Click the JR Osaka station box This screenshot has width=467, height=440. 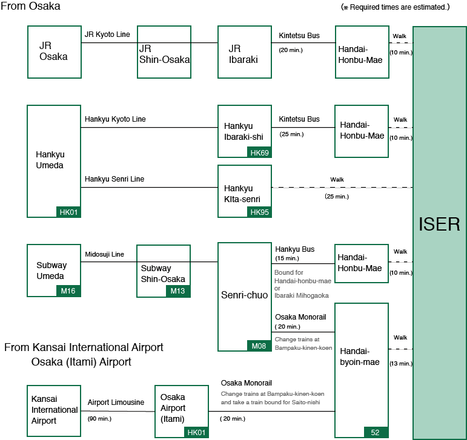(x=54, y=51)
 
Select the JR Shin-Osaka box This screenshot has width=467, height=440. (x=164, y=51)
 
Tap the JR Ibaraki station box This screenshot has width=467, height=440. (x=244, y=51)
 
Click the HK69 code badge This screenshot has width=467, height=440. (x=259, y=153)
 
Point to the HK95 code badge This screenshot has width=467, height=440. (x=259, y=212)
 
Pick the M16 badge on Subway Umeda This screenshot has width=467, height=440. (x=68, y=291)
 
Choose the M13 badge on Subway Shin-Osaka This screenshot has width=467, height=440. (x=177, y=292)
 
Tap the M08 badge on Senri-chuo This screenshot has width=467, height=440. (x=259, y=346)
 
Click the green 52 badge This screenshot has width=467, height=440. (x=376, y=432)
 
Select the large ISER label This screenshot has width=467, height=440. (x=439, y=225)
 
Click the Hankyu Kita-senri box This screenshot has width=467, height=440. (x=244, y=191)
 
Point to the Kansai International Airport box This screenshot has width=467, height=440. (x=54, y=410)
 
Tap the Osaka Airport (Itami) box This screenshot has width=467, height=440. (x=181, y=411)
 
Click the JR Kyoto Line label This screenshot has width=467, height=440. (x=107, y=34)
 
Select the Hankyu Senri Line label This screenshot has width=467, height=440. (x=114, y=179)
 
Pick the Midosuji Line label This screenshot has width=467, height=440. (x=104, y=254)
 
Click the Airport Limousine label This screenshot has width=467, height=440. (x=116, y=402)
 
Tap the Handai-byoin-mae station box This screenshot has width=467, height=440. (x=362, y=370)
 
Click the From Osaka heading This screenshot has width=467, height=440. (x=30, y=6)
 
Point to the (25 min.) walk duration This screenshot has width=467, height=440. (x=337, y=197)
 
